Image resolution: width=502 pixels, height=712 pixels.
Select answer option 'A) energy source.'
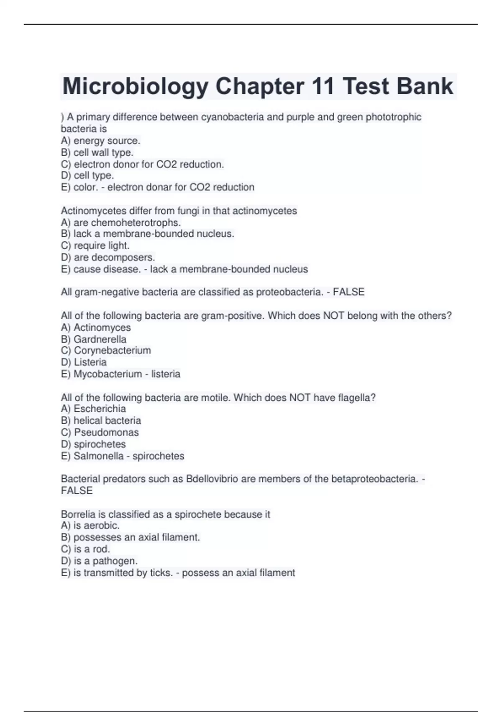(100, 141)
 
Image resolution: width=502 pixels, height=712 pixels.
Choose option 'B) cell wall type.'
(97, 152)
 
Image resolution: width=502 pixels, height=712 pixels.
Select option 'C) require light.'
(95, 245)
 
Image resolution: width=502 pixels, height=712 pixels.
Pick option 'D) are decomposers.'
(108, 257)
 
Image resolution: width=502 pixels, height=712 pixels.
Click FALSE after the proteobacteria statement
(348, 292)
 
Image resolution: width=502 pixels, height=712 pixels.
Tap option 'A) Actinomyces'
(96, 328)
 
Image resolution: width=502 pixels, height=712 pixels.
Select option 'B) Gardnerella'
(93, 339)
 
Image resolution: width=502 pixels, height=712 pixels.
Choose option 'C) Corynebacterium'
(106, 351)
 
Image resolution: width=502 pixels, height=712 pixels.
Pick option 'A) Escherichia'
(93, 409)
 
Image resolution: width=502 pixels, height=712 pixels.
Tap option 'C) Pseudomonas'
(100, 432)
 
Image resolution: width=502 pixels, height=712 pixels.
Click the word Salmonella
(98, 456)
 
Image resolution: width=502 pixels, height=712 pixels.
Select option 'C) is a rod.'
(85, 549)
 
